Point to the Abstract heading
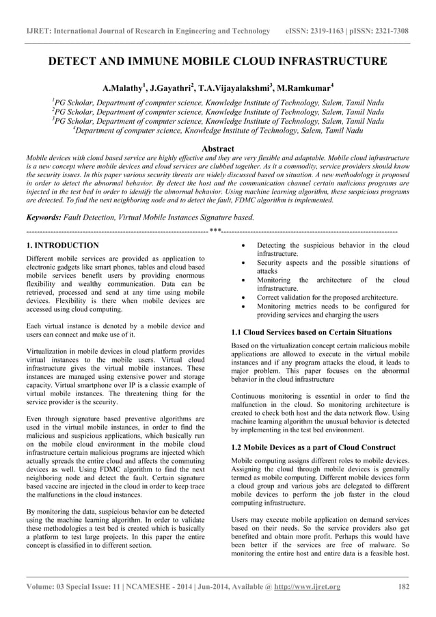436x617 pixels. pos(218,148)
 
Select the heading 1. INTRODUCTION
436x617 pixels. pos(62,245)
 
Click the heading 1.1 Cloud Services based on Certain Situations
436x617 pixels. pos(312,332)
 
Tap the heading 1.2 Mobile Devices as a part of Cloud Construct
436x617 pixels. pos(314,447)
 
